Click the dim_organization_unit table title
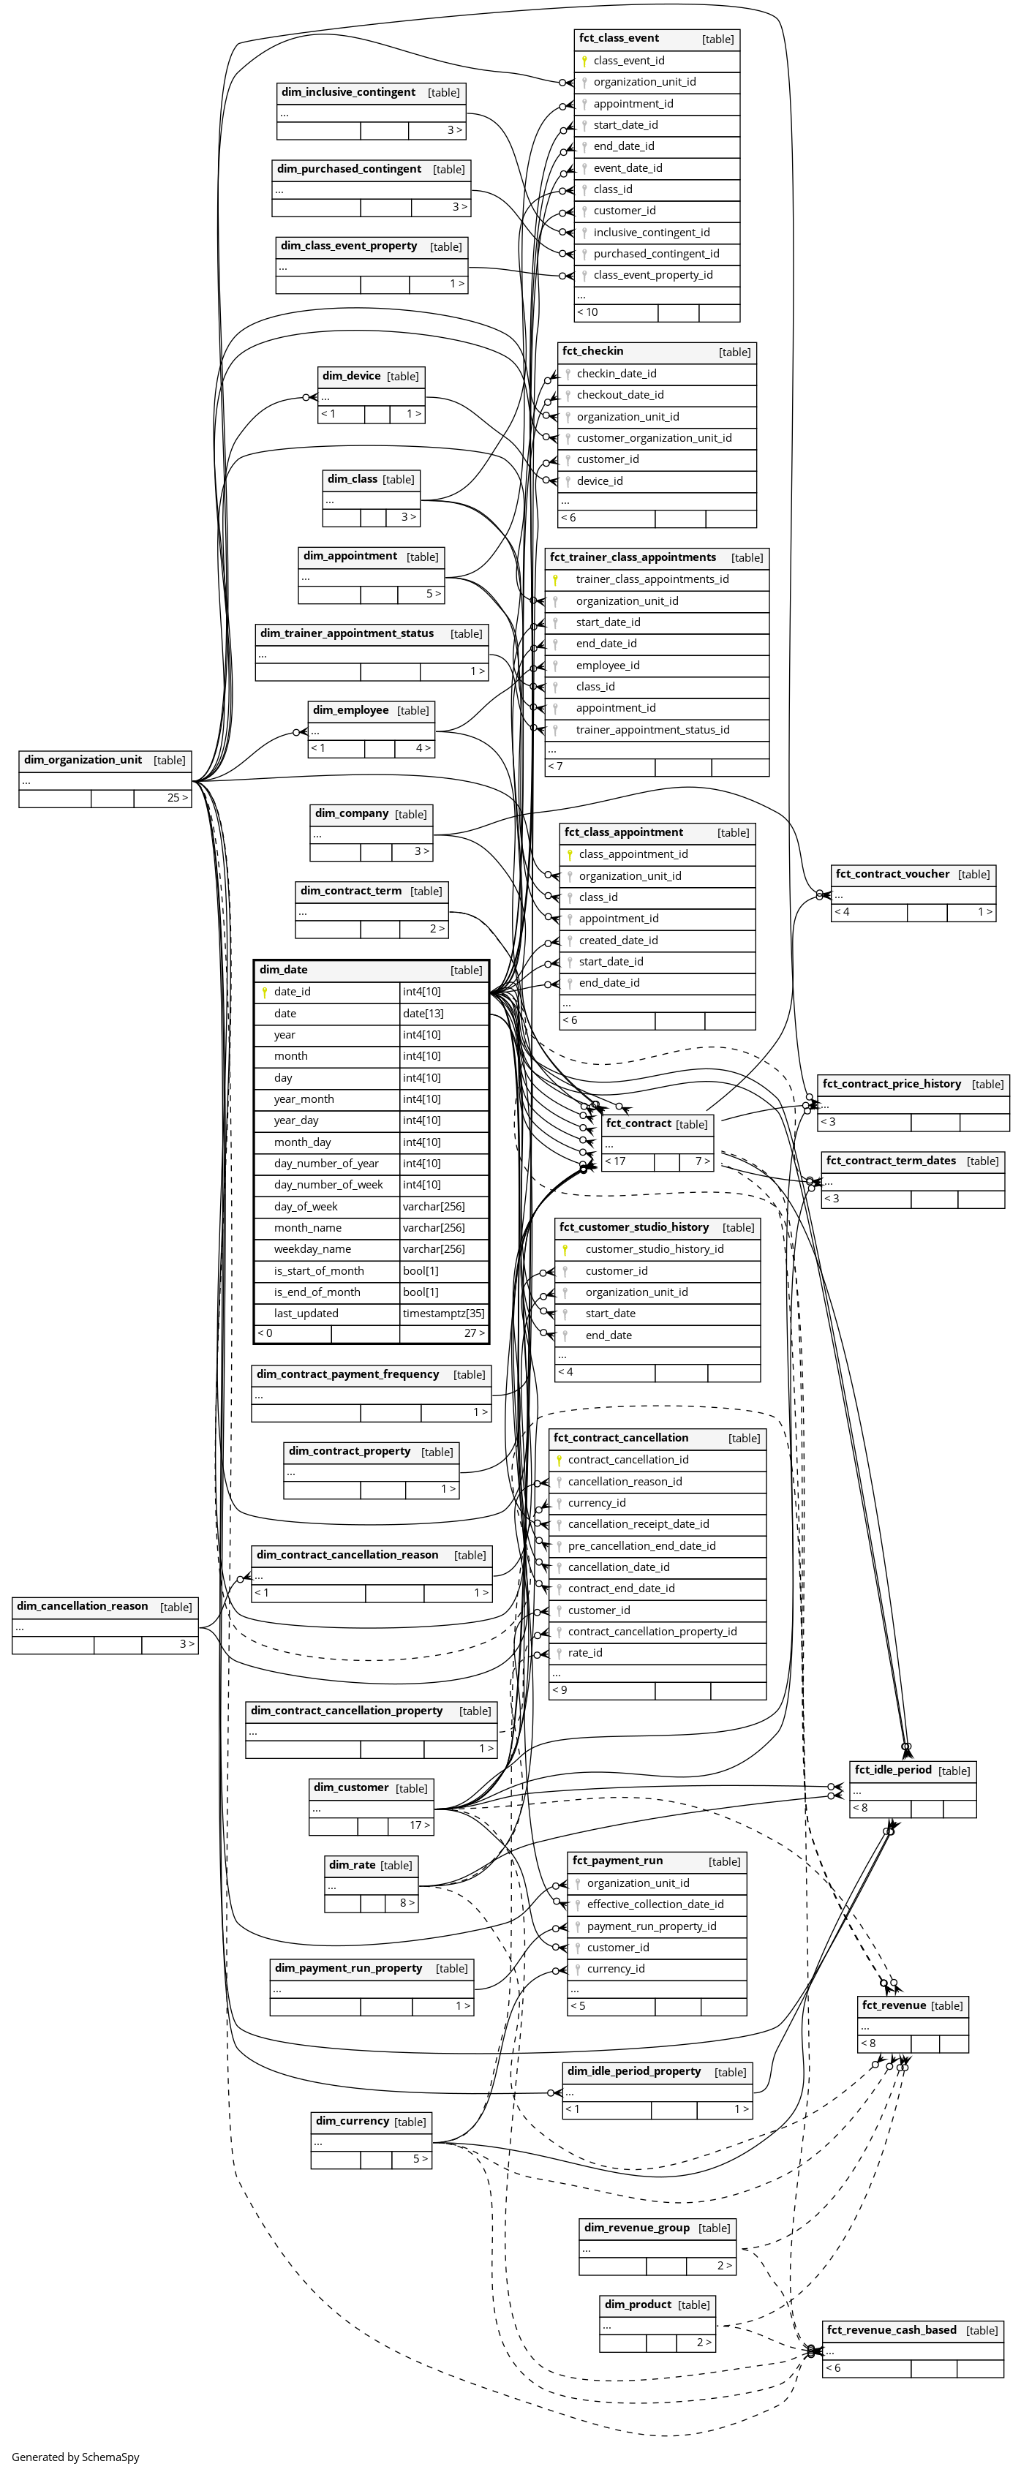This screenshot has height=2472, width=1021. point(83,760)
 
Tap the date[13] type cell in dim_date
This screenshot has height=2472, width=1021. point(443,1014)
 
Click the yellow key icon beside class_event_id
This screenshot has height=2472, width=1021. point(584,61)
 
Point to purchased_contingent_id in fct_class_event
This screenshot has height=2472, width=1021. point(655,253)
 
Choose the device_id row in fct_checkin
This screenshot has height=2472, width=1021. point(600,481)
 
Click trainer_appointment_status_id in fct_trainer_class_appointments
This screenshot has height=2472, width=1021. point(652,729)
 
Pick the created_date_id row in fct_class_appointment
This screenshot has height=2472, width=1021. point(618,941)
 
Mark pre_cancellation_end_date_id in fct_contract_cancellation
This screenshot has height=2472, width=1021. point(641,1546)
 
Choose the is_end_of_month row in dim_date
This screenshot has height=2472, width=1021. point(317,1292)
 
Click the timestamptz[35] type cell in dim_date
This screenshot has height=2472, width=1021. point(443,1314)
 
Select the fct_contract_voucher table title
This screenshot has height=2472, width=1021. point(892,874)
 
